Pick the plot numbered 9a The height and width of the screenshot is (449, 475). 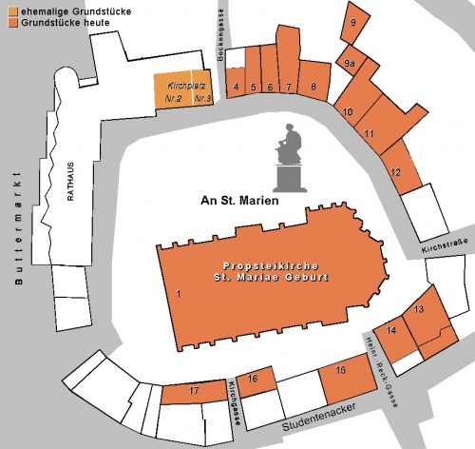click(x=350, y=64)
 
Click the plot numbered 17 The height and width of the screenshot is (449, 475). click(x=194, y=392)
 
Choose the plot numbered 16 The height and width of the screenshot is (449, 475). click(x=253, y=380)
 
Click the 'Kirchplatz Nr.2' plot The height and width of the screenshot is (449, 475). click(x=173, y=92)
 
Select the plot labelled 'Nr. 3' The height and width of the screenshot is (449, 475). click(x=201, y=92)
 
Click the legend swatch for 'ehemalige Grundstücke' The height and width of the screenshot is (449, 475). click(x=6, y=9)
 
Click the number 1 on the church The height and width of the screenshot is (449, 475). click(x=177, y=294)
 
